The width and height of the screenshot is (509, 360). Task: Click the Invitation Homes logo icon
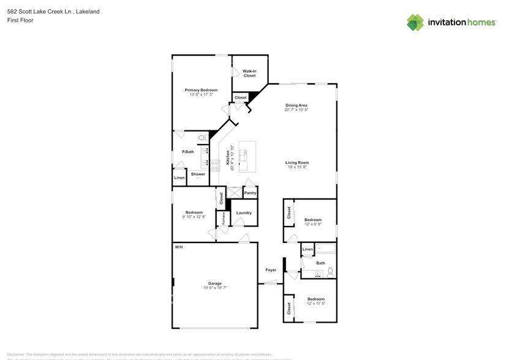(415, 23)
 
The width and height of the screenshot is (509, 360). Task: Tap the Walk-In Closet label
(249, 73)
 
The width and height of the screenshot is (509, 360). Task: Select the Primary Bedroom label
(201, 90)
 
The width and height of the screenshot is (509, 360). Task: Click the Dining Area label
(296, 105)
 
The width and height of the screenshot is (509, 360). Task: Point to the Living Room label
(297, 163)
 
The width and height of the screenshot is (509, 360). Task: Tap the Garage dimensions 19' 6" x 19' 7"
(214, 287)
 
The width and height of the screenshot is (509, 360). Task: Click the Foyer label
(271, 270)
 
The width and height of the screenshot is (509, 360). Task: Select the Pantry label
(250, 193)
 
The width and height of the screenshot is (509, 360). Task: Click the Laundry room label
(244, 213)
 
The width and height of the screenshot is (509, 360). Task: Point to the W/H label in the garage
(179, 247)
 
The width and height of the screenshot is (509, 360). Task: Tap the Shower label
(198, 174)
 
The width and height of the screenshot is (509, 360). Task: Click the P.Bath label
(187, 152)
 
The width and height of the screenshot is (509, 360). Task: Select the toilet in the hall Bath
(330, 271)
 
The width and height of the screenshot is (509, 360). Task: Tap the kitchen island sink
(244, 153)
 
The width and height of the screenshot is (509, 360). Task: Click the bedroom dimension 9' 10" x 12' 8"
(194, 217)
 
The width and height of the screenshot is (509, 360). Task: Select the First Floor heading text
(21, 20)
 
